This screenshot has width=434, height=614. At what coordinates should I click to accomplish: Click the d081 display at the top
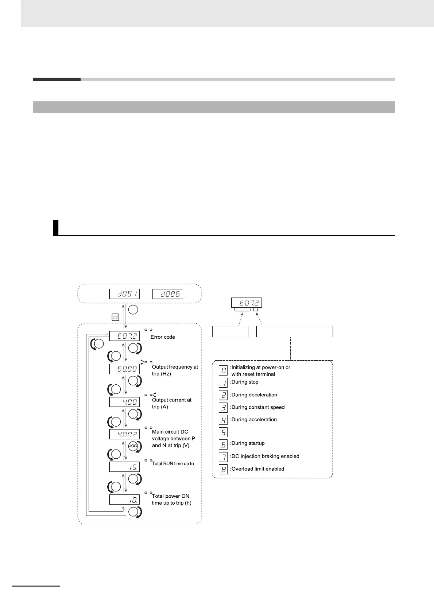124,294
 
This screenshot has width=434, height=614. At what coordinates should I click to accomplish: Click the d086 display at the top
167,294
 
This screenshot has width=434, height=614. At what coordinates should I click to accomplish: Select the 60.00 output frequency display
124,369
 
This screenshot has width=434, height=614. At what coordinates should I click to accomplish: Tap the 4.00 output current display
124,402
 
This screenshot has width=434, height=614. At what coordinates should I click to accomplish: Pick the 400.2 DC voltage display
124,434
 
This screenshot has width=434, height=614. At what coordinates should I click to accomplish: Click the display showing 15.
124,467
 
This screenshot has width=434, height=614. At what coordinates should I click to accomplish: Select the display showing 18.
124,499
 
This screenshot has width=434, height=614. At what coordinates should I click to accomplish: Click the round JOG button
133,446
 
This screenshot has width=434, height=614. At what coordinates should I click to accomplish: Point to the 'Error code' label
163,337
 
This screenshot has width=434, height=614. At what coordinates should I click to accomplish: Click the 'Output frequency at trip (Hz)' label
175,370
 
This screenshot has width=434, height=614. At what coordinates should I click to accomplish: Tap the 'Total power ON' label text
171,496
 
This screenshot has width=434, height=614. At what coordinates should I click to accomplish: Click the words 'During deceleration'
254,395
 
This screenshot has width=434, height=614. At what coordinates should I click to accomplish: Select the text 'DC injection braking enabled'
265,456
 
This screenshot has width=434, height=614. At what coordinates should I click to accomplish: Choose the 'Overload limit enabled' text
257,469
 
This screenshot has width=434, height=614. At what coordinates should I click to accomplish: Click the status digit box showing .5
223,432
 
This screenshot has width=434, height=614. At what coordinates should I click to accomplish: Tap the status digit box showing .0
223,370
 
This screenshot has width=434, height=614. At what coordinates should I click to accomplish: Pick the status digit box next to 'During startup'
223,444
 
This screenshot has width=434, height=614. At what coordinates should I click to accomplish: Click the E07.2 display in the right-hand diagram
247,303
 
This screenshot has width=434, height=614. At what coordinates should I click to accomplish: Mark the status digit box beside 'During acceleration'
223,420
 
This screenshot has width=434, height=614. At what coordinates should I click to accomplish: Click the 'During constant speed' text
258,407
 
